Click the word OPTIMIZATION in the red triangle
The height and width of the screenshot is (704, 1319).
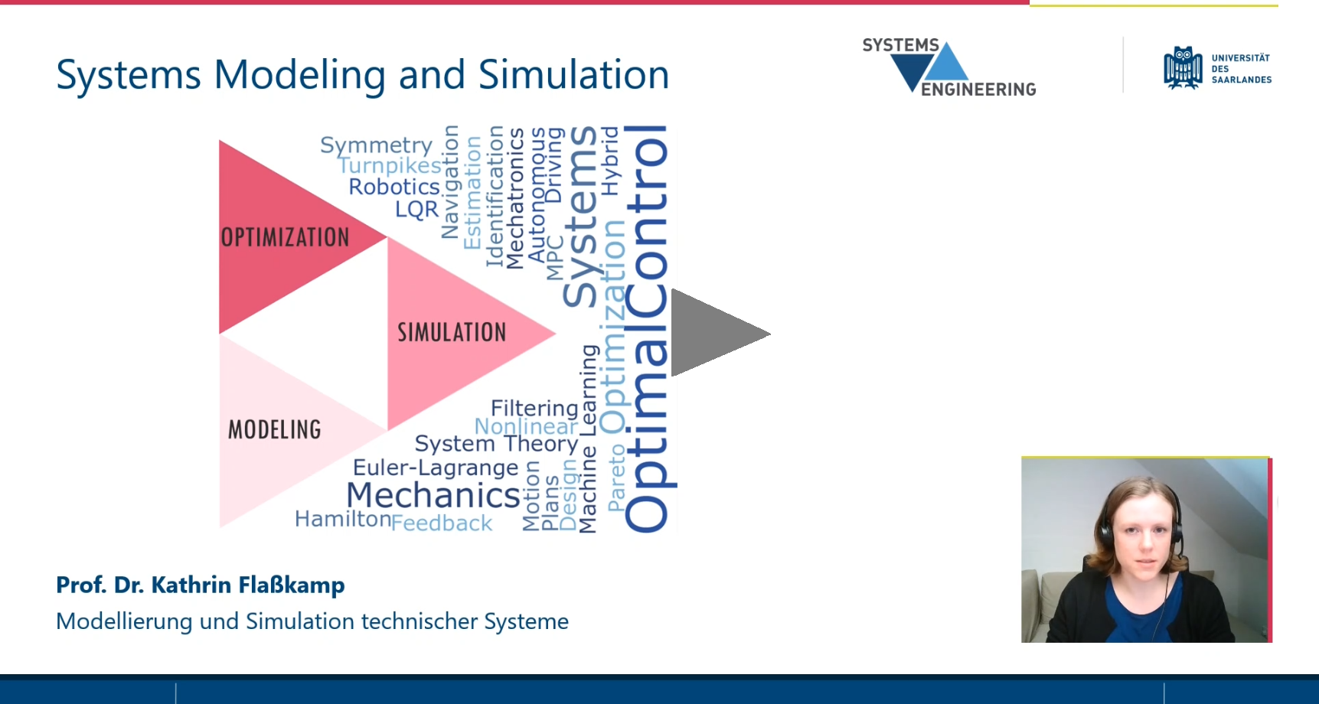(285, 237)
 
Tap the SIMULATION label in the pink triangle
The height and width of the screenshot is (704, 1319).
(452, 332)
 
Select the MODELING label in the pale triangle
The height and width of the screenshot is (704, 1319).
(275, 429)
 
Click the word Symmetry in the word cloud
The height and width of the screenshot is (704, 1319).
(377, 145)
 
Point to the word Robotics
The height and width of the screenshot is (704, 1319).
(394, 187)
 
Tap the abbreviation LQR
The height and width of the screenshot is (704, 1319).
(416, 209)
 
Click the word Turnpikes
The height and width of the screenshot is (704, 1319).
(390, 165)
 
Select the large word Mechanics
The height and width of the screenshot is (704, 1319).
(433, 495)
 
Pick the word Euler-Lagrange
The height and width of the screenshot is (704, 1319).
(436, 468)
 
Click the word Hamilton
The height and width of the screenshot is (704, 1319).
(343, 519)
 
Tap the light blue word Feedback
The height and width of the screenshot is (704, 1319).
(442, 523)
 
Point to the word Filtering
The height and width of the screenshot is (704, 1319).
(534, 409)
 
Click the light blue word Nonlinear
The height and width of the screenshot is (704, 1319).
(526, 426)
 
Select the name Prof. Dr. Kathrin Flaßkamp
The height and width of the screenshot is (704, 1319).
(201, 585)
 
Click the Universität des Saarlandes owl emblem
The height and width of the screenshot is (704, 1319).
(1183, 68)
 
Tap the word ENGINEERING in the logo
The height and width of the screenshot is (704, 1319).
(978, 90)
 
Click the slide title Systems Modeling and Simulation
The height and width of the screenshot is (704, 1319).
(363, 75)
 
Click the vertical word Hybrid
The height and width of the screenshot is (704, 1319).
(610, 161)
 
